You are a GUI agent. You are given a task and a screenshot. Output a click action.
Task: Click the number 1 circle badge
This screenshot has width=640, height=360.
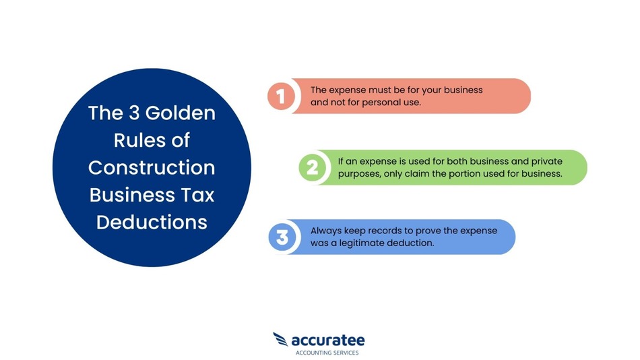pos(281,96)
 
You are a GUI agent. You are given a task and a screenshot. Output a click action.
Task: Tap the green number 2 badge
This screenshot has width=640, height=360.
pos(312,168)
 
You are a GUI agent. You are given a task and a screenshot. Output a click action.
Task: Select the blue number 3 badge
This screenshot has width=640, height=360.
pos(282,237)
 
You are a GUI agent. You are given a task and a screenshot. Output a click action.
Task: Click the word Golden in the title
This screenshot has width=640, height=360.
pos(181,113)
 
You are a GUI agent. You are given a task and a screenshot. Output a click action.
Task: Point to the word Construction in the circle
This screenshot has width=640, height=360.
pos(152,168)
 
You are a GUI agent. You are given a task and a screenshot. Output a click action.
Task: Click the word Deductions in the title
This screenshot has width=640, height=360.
pos(152,222)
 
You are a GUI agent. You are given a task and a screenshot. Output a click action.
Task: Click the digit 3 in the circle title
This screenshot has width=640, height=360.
pos(134,113)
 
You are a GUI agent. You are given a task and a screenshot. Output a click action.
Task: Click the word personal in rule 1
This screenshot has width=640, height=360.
pos(382,102)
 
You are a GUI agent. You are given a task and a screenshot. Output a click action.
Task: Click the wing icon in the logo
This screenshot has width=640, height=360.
pos(280,339)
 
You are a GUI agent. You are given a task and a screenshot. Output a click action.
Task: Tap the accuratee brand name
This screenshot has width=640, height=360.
pos(328,340)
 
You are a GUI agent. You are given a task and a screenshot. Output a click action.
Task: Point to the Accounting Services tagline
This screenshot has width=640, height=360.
pos(327,353)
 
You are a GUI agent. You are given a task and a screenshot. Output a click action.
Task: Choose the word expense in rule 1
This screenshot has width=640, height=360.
pos(347,90)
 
